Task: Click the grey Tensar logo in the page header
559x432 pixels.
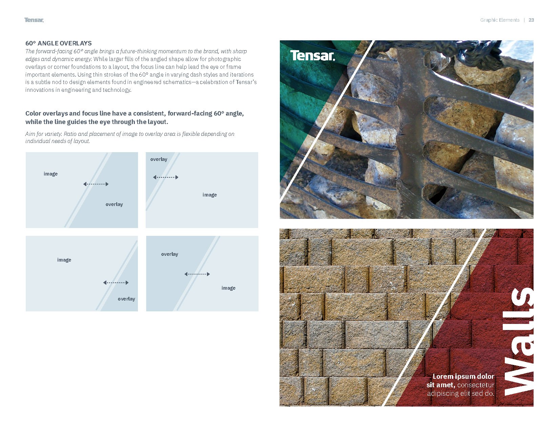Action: point(34,20)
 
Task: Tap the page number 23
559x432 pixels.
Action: point(531,20)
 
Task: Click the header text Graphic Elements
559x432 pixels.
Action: point(500,20)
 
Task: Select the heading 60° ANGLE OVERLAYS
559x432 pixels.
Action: point(59,43)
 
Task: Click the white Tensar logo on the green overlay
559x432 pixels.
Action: point(312,56)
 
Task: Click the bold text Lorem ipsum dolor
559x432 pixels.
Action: point(463,376)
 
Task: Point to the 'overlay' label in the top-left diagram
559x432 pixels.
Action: point(114,204)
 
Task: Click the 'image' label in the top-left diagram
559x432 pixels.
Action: point(50,174)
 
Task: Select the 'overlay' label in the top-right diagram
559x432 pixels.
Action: point(159,159)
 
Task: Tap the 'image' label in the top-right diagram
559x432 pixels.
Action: point(210,195)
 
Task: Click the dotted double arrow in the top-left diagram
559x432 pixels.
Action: point(96,184)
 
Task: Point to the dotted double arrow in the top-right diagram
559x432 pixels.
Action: point(166,177)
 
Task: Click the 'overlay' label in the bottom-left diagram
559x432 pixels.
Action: point(126,299)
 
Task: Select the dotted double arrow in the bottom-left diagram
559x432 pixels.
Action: point(116,283)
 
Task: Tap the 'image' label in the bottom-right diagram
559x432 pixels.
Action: point(228,288)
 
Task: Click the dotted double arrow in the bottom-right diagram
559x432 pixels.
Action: point(197,274)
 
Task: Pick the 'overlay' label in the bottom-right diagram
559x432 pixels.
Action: point(169,254)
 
